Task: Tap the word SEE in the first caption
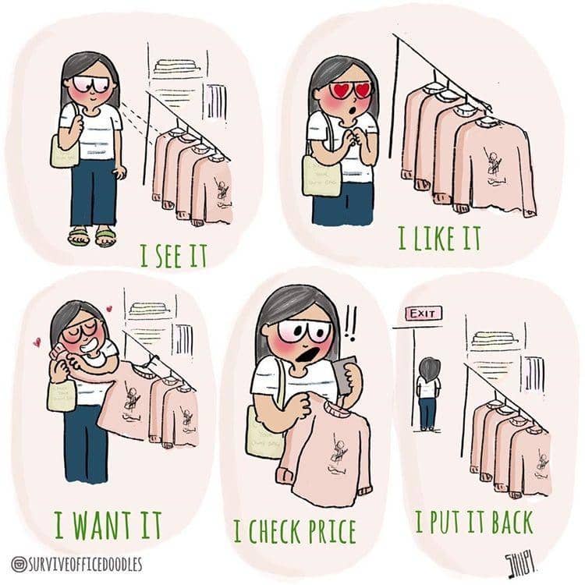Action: pos(175,254)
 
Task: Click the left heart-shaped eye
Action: pos(340,90)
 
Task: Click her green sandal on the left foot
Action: pos(78,236)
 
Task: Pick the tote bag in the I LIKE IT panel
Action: pos(321,176)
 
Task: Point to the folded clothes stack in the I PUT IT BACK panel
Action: pos(493,341)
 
